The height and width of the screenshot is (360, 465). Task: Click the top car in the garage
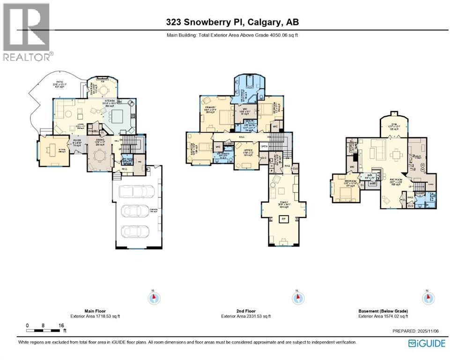click(134, 192)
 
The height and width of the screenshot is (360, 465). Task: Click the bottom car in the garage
click(135, 232)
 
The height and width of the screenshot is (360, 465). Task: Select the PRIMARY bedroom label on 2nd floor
click(209, 107)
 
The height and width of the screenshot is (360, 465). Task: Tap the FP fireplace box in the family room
click(283, 219)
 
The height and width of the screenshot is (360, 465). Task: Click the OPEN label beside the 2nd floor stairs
click(264, 146)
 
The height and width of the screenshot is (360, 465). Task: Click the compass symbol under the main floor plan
click(153, 298)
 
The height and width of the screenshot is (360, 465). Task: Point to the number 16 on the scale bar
click(61, 325)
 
